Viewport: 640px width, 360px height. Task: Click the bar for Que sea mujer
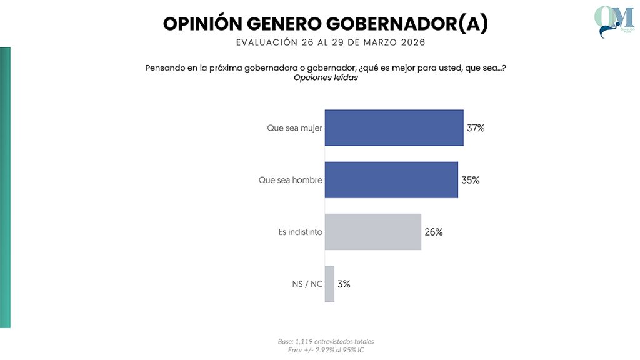pyautogui.click(x=394, y=127)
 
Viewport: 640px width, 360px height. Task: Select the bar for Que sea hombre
pyautogui.click(x=391, y=180)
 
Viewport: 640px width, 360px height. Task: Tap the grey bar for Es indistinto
pyautogui.click(x=372, y=232)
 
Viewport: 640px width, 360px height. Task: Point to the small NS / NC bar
pyautogui.click(x=329, y=284)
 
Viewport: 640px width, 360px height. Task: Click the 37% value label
pyautogui.click(x=476, y=128)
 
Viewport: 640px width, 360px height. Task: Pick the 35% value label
pyautogui.click(x=471, y=180)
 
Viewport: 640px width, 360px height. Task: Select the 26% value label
pyautogui.click(x=434, y=232)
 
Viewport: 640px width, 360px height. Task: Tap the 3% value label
pyautogui.click(x=344, y=284)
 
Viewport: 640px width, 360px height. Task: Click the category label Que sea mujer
pyautogui.click(x=294, y=128)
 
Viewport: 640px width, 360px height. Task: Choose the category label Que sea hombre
pyautogui.click(x=291, y=180)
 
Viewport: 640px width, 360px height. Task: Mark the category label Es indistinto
pyautogui.click(x=300, y=232)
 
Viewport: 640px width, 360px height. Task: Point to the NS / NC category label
pyautogui.click(x=307, y=284)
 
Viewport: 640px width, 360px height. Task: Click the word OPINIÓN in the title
pyautogui.click(x=201, y=24)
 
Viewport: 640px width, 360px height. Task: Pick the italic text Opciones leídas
pyautogui.click(x=326, y=78)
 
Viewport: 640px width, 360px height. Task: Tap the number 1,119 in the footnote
pyautogui.click(x=303, y=341)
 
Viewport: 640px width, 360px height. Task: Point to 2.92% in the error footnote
pyautogui.click(x=324, y=349)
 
